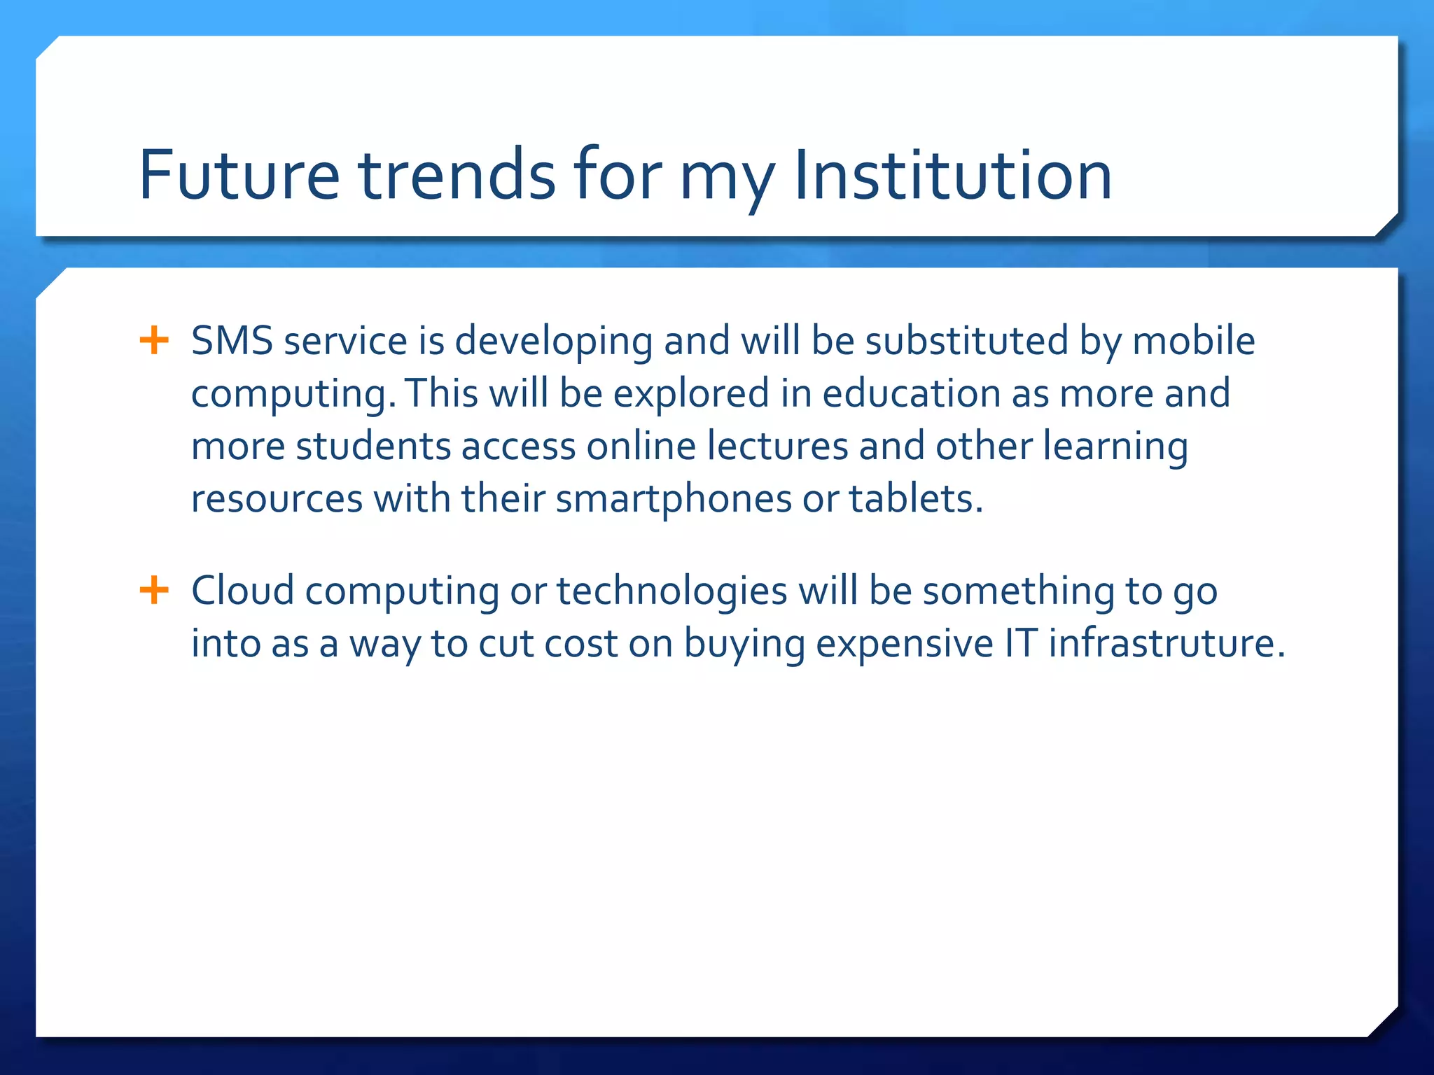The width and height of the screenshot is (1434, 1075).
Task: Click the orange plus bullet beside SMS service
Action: (x=154, y=341)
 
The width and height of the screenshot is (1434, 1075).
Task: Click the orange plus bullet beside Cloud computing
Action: (x=154, y=590)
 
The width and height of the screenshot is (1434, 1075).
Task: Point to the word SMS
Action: (x=232, y=342)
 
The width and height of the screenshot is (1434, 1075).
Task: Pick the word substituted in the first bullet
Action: (x=966, y=342)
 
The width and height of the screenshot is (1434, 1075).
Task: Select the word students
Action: (x=373, y=447)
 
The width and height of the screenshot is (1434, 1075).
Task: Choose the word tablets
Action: (x=916, y=500)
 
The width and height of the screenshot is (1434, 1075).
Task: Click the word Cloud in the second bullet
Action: (x=242, y=591)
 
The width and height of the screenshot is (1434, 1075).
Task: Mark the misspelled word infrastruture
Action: (x=1167, y=644)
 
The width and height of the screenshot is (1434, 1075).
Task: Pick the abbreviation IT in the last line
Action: (x=1020, y=644)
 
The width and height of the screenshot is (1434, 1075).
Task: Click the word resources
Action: (x=277, y=500)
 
